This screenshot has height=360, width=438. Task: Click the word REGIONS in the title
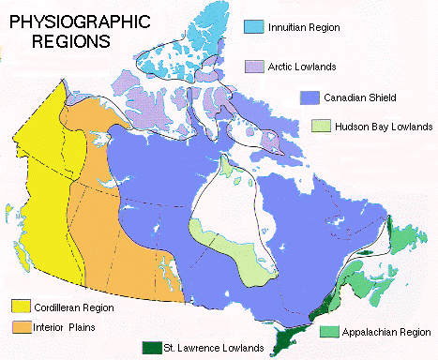point(69,41)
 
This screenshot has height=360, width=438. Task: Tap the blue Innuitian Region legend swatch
point(253,26)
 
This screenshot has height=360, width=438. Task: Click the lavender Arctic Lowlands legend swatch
point(254,66)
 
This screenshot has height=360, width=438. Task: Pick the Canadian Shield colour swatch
point(310,97)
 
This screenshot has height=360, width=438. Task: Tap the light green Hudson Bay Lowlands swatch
point(322,126)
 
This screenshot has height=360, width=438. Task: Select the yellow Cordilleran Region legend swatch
point(20,306)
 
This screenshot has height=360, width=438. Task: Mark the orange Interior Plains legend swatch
point(20,327)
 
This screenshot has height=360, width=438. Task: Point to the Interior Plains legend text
point(64,327)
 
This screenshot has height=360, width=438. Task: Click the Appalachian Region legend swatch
point(329,331)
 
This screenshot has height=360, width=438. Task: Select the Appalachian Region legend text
point(385,332)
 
